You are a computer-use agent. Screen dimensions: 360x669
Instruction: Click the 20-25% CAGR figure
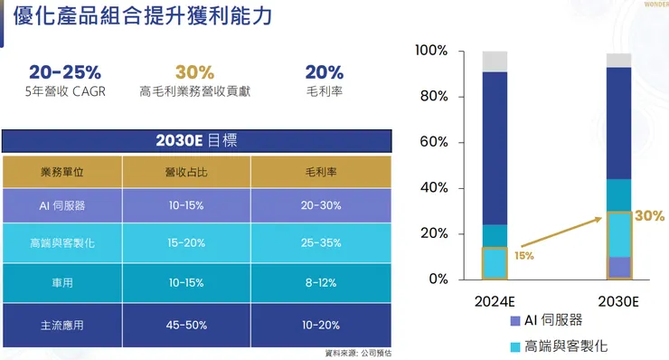tap(64, 72)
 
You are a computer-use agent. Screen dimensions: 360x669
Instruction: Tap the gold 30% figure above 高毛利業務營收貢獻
tap(194, 72)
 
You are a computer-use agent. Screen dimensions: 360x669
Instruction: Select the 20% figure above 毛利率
tap(324, 72)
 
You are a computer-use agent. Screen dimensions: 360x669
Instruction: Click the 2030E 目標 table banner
tap(197, 141)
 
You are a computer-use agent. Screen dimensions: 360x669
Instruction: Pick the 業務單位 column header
tap(62, 171)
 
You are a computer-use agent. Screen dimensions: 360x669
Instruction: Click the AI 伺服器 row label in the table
tap(62, 205)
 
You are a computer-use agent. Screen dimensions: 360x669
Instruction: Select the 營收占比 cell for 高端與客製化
tap(186, 242)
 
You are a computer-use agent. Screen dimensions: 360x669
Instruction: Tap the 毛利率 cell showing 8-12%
tap(322, 282)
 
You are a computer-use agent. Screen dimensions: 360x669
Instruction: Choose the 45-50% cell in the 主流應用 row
tap(186, 323)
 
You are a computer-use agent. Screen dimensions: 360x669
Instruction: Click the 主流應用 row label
tap(62, 323)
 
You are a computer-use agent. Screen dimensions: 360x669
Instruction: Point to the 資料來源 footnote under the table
tap(358, 353)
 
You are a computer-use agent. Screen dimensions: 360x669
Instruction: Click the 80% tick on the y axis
tap(432, 97)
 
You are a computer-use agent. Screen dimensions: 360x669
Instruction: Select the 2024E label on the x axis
tap(495, 298)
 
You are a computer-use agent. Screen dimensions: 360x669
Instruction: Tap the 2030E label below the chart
tap(619, 298)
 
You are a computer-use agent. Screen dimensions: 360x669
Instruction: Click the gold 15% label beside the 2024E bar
tap(524, 256)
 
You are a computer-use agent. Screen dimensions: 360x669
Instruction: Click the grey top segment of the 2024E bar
tap(495, 62)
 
